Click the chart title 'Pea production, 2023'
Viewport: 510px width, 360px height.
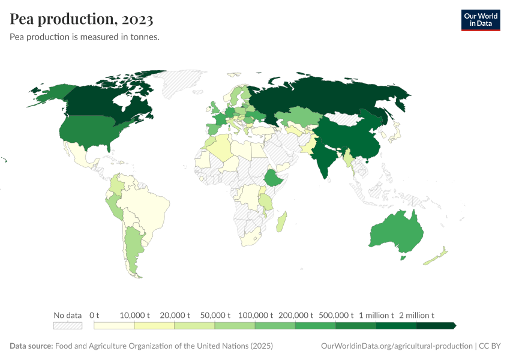click(82, 19)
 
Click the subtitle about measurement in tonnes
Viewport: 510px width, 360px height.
click(84, 37)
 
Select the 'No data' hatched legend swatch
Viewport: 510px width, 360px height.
click(67, 326)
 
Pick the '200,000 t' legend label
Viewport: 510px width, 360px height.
click(296, 315)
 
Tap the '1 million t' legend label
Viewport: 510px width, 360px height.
click(376, 315)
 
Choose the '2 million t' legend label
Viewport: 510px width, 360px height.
click(416, 315)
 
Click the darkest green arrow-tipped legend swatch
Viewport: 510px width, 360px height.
click(436, 326)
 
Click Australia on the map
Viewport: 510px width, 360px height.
click(396, 234)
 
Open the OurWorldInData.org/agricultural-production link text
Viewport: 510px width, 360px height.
click(397, 346)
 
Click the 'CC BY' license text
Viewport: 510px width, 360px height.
click(490, 346)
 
